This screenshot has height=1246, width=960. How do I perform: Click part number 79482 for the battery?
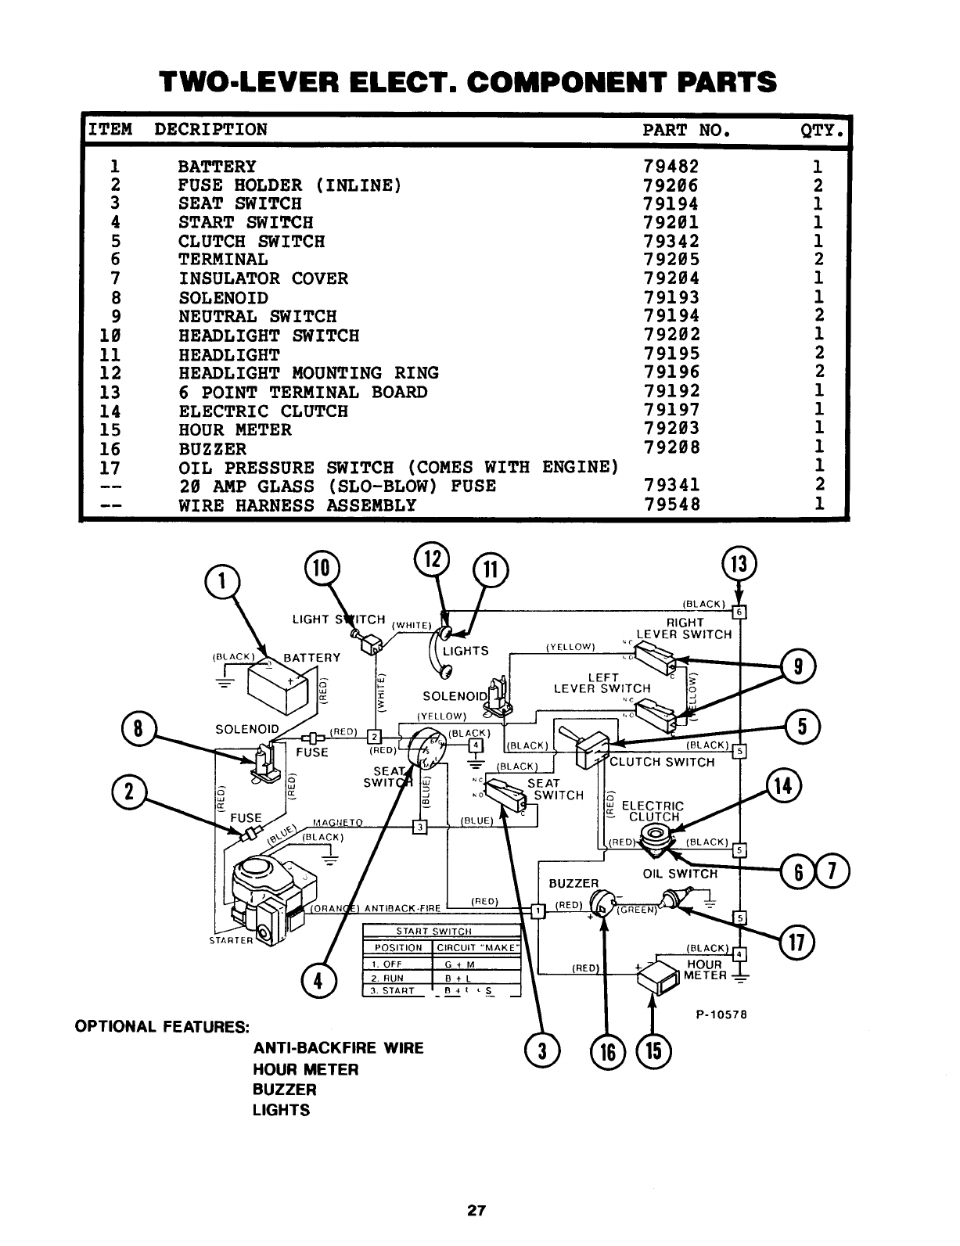tap(671, 167)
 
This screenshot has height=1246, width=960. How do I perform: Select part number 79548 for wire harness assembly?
tap(671, 505)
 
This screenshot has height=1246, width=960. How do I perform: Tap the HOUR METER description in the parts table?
tap(235, 429)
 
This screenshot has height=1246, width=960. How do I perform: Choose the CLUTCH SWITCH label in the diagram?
tap(662, 762)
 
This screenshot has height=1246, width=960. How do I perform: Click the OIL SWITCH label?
tap(679, 874)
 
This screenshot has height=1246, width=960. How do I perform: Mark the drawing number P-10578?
tap(722, 1014)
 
